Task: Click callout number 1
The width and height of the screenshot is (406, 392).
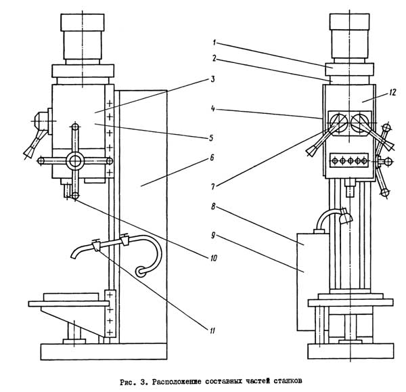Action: [214, 42]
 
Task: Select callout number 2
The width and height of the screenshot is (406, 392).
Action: [214, 58]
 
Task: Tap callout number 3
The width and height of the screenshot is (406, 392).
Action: [212, 79]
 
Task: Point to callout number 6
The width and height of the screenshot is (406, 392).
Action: [212, 158]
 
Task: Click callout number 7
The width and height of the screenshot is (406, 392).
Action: [213, 186]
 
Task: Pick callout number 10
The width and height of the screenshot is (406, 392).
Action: [213, 258]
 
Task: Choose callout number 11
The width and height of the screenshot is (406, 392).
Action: [212, 330]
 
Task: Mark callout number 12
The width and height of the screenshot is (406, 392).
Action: [392, 93]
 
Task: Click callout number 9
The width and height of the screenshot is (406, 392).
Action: [213, 236]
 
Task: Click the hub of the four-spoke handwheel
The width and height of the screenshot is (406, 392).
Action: [75, 161]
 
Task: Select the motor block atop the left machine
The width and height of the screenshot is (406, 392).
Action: [83, 37]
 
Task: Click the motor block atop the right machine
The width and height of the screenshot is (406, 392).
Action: [350, 36]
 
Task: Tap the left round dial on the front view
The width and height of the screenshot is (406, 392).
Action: [338, 122]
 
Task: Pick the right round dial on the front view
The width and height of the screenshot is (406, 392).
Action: [360, 122]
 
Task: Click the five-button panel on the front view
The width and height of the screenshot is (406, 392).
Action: [350, 160]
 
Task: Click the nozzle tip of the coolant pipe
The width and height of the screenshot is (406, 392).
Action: [74, 257]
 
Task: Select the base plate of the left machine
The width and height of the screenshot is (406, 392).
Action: [104, 351]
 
